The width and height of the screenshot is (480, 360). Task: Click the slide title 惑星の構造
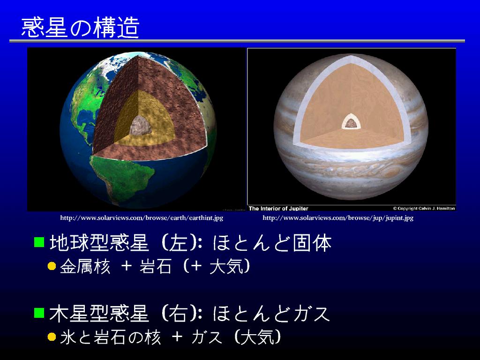[80, 27]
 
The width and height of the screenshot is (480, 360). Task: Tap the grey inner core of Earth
[141, 126]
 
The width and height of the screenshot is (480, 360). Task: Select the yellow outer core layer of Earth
[144, 122]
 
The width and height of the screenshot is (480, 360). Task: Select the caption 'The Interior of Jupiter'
[278, 209]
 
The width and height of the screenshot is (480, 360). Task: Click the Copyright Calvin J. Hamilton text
[424, 209]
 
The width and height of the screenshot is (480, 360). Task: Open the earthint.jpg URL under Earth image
[142, 218]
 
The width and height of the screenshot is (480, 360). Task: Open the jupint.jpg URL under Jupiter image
[338, 218]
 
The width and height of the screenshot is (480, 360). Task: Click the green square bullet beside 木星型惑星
[39, 313]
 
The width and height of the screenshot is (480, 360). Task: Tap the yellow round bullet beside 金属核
[52, 266]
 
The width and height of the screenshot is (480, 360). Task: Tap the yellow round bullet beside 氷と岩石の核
[52, 337]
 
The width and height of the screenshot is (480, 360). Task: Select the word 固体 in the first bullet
[312, 243]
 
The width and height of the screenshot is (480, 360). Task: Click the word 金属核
[85, 266]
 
